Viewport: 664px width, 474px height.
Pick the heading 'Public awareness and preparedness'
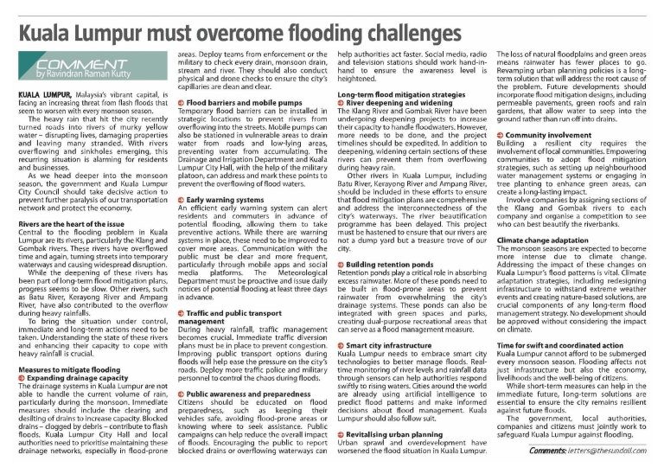235,368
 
